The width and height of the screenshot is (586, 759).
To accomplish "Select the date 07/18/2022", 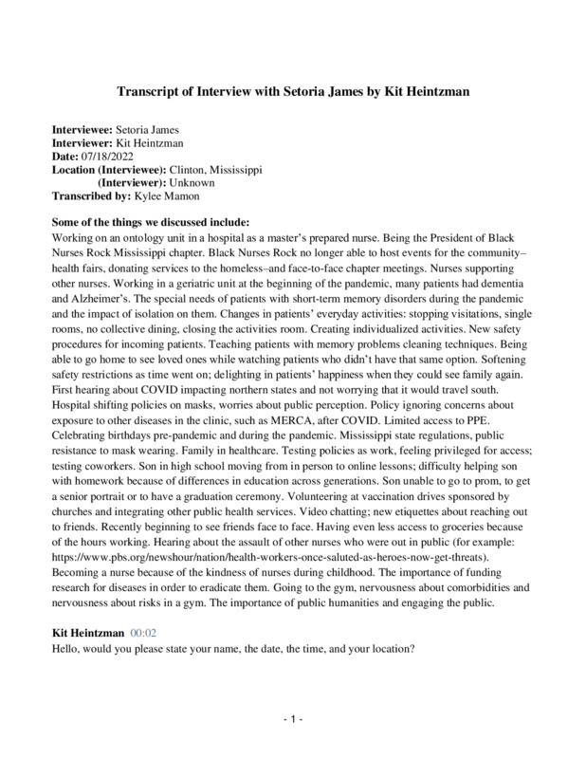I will [109, 156].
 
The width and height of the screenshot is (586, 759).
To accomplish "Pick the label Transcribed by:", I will [90, 195].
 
